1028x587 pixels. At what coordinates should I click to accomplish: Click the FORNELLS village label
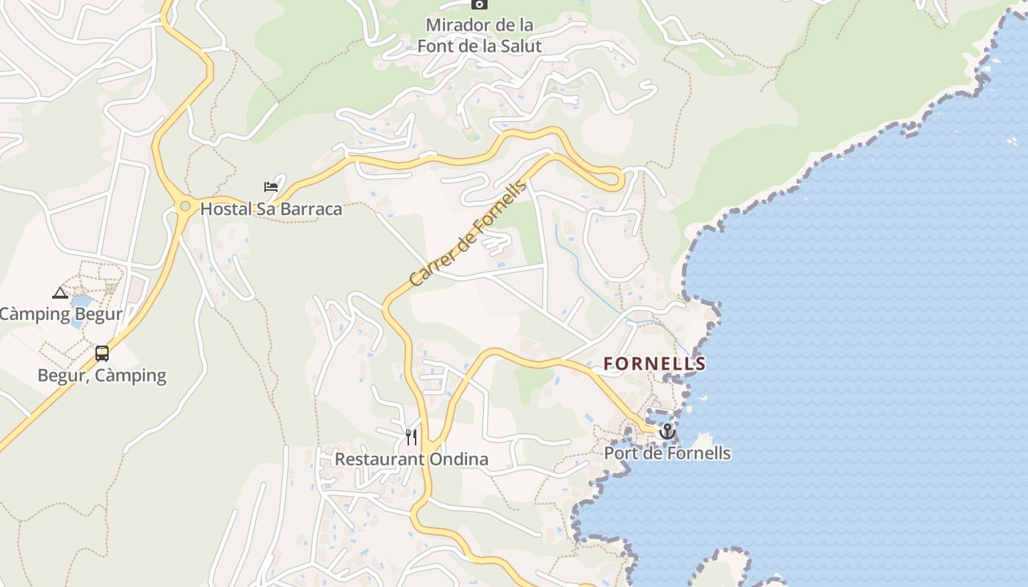click(654, 363)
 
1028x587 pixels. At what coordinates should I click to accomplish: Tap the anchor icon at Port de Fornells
click(667, 431)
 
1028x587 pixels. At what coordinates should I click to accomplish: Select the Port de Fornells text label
click(667, 453)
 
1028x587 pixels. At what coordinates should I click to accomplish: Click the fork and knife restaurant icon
click(411, 437)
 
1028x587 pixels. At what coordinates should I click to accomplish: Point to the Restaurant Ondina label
click(411, 459)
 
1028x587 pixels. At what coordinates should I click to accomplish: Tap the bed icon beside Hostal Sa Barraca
click(271, 187)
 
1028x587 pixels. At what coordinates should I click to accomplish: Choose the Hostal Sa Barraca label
click(271, 209)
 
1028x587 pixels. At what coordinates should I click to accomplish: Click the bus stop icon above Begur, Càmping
click(102, 354)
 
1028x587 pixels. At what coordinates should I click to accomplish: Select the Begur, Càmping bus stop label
click(102, 376)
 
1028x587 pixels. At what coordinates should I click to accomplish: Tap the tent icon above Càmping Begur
click(60, 293)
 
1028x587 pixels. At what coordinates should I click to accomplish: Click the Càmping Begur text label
click(60, 315)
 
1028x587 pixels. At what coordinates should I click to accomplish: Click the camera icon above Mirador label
click(479, 4)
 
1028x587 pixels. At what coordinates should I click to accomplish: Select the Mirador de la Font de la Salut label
click(479, 35)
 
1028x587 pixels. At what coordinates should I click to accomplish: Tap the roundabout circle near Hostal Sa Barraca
click(185, 206)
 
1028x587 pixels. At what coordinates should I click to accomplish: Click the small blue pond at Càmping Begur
click(82, 301)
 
